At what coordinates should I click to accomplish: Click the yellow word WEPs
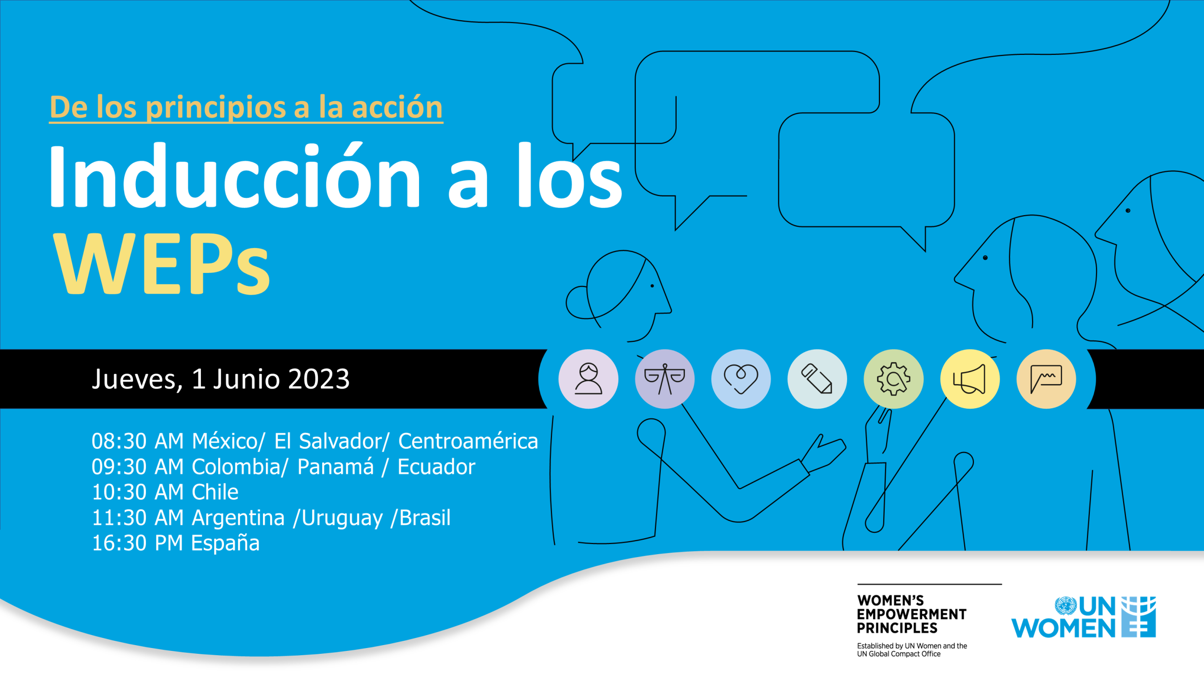pos(161,264)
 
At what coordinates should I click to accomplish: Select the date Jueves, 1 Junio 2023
pos(221,379)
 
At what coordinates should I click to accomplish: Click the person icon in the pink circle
pos(589,379)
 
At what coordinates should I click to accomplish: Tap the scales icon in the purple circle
pos(665,379)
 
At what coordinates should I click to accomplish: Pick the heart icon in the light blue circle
pos(741,379)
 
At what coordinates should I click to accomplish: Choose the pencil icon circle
pos(817,379)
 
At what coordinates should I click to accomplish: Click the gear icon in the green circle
pos(894,379)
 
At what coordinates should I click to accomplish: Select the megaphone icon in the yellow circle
pos(970,379)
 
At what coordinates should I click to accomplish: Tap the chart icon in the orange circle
pos(1046,379)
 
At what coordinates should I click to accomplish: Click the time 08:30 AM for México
pos(138,441)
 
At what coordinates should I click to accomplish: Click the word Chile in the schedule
pos(215,492)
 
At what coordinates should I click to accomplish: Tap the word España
pos(225,544)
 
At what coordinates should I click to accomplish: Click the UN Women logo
pos(1084,617)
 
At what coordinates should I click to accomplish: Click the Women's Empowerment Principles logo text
pos(912,614)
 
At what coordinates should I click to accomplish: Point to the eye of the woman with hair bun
pos(652,286)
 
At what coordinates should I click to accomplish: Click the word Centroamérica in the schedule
pos(468,441)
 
